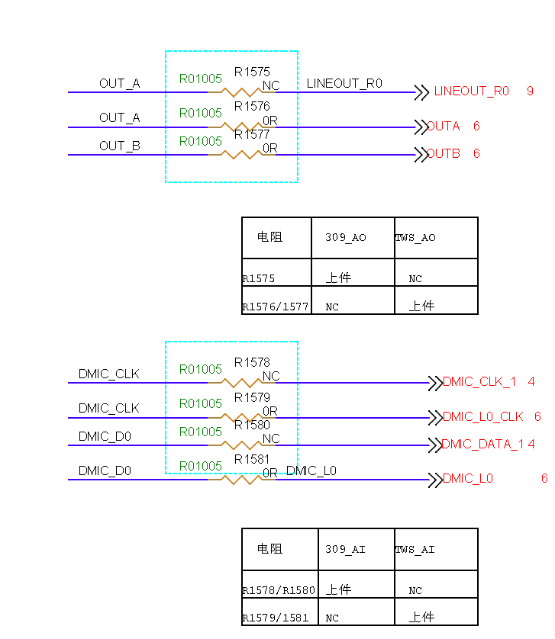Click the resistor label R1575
(252, 72)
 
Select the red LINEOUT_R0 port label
(471, 92)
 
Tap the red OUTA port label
(444, 127)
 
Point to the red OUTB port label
(444, 154)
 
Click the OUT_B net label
(120, 146)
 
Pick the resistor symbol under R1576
(242, 127)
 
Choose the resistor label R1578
(252, 363)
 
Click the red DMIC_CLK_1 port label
(479, 382)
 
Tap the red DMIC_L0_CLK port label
(483, 417)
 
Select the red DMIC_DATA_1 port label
(483, 445)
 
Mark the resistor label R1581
(252, 460)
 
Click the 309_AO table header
(346, 238)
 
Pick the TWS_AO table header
(415, 238)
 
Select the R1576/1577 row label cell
(276, 307)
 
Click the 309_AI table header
(345, 550)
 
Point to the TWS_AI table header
(415, 550)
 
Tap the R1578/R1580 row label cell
(279, 591)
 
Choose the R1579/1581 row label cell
(276, 618)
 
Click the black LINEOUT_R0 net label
(344, 84)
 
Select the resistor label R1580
(252, 425)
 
